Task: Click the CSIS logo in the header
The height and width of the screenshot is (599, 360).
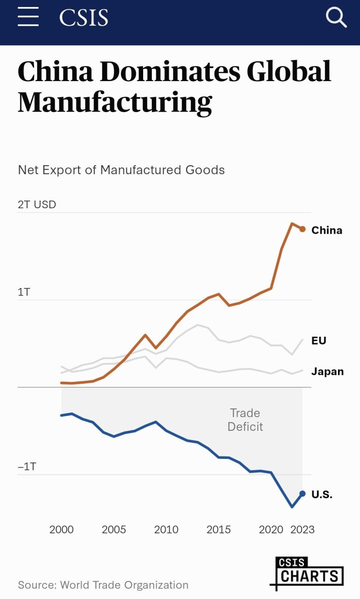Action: (84, 18)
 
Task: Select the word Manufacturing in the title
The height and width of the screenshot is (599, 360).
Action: (115, 102)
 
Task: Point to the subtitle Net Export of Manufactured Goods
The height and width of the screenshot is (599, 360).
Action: (121, 170)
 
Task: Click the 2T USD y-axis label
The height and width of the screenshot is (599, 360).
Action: (37, 204)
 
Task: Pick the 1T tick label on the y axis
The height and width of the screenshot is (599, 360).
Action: (24, 292)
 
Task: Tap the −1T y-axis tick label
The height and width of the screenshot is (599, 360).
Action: (27, 467)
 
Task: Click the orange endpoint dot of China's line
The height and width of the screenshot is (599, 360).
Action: (302, 229)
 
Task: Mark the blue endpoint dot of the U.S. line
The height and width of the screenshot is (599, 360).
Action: (302, 493)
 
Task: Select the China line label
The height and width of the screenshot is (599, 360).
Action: (327, 230)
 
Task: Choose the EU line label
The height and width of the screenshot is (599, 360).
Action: (319, 341)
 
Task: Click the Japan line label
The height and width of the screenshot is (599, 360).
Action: (328, 372)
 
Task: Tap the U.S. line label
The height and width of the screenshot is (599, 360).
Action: (322, 495)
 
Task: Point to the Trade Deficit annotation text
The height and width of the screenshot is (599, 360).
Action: (245, 420)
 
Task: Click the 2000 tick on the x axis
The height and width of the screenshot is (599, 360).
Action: (62, 530)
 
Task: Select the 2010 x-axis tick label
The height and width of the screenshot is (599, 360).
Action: (166, 530)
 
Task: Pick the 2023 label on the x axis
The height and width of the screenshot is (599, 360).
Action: (303, 530)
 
